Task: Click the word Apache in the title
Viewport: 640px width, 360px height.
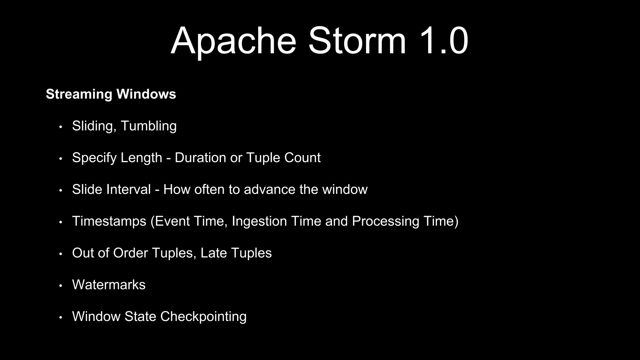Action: [233, 41]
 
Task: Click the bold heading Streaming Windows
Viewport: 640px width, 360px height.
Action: [111, 94]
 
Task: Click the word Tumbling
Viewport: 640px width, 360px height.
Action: [148, 126]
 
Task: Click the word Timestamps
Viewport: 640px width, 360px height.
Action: [109, 221]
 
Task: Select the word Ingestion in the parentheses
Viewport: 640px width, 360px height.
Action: [259, 221]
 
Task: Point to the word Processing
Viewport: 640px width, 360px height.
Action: [385, 221]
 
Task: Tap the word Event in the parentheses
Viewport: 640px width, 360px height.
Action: [172, 221]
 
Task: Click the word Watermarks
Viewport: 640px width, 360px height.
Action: [109, 285]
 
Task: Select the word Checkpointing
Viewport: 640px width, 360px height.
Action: [203, 317]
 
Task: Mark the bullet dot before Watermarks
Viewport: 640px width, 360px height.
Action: [61, 286]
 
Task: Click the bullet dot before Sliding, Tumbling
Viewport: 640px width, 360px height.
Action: [61, 127]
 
